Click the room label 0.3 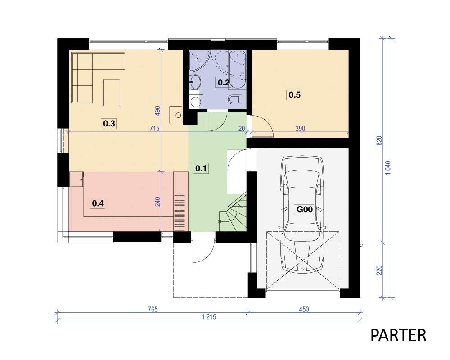(x=109, y=124)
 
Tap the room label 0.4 (x=98, y=203)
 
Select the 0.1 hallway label (x=201, y=168)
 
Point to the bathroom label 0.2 (x=224, y=83)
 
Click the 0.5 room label (x=295, y=94)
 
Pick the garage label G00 (x=305, y=209)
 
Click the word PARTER (x=398, y=335)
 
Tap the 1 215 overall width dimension (x=209, y=317)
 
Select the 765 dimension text (x=153, y=309)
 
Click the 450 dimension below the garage (x=304, y=309)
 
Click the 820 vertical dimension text (x=379, y=141)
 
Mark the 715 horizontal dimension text (x=154, y=129)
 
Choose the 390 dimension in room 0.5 (x=300, y=129)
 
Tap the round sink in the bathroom (x=195, y=81)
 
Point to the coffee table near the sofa (x=112, y=93)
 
